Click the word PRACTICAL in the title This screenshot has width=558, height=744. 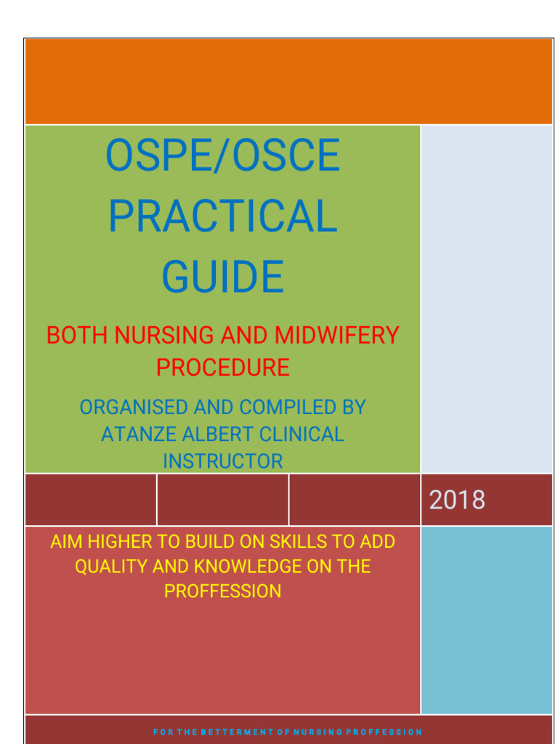pyautogui.click(x=222, y=216)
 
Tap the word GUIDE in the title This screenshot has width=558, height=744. pyautogui.click(x=222, y=277)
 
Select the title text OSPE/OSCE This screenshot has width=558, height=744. pyautogui.click(x=222, y=155)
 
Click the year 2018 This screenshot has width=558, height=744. pyautogui.click(x=457, y=500)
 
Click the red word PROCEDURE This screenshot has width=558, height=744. pyautogui.click(x=222, y=368)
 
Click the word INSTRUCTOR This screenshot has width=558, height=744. pyautogui.click(x=222, y=461)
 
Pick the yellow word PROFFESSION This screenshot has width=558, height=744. pyautogui.click(x=222, y=591)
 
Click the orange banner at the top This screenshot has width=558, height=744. pyautogui.click(x=288, y=81)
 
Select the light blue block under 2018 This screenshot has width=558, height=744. pyautogui.click(x=486, y=619)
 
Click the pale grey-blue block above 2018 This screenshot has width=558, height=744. pyautogui.click(x=486, y=299)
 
